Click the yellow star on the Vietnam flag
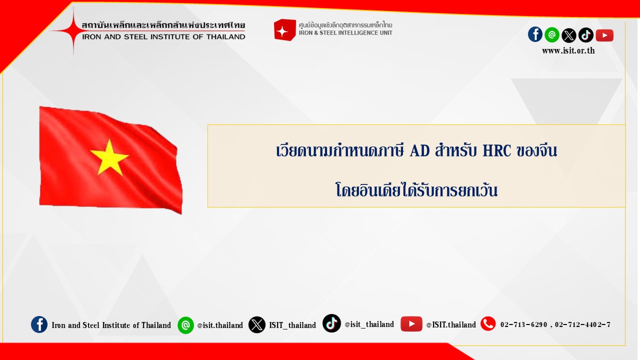109,157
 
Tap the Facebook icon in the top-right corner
535,34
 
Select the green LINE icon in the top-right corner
552,35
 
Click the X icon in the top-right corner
569,35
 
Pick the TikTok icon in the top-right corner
586,35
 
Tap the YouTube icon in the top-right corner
604,35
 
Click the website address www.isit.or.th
568,51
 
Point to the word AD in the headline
419,150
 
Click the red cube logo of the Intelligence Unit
284,29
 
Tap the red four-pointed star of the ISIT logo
73,30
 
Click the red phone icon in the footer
488,323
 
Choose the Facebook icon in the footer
39,324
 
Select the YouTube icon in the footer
411,324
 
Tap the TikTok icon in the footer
331,323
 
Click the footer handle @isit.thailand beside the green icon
220,325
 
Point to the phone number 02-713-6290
523,324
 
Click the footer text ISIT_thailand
292,325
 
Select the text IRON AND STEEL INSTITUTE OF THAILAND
163,37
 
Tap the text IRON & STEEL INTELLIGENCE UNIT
345,33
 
